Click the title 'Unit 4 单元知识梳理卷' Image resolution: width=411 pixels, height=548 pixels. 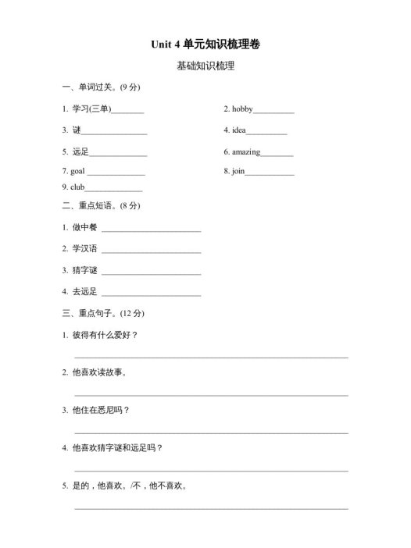[x=205, y=45]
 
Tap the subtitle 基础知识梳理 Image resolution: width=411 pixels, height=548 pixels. [x=205, y=66]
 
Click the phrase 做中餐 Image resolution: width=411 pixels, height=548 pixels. [x=84, y=227]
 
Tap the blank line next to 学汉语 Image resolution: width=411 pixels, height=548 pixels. [x=151, y=252]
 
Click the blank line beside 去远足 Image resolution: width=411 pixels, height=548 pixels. [x=151, y=295]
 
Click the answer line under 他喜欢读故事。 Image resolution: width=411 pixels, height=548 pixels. [x=211, y=394]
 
